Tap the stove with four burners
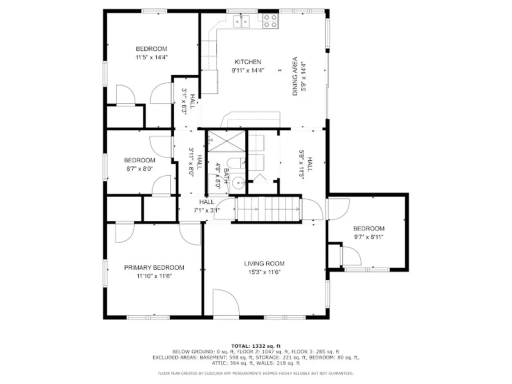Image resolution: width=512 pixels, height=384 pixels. (x=270, y=20)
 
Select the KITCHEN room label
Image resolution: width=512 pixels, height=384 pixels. (x=248, y=62)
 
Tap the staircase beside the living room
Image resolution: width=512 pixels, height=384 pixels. (x=269, y=208)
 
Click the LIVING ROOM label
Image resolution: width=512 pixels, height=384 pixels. (x=264, y=263)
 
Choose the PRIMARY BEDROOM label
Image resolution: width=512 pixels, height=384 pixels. (x=154, y=267)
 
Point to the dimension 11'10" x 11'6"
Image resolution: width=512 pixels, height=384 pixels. (x=154, y=276)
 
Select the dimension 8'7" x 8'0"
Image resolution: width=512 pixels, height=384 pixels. (x=139, y=169)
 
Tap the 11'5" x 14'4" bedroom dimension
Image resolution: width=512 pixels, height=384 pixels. (x=151, y=57)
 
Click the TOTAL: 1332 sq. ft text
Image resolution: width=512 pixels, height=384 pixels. (x=256, y=346)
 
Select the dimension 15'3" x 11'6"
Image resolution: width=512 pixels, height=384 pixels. (x=264, y=272)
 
